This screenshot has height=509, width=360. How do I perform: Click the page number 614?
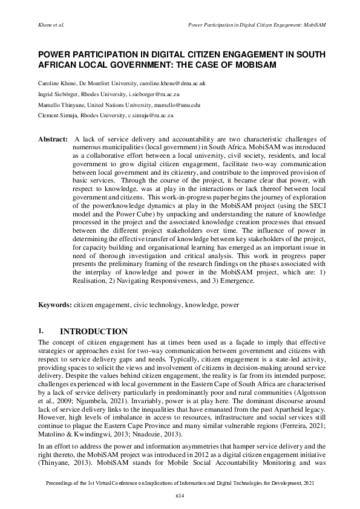(180, 496)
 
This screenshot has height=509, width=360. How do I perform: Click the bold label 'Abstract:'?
(53, 138)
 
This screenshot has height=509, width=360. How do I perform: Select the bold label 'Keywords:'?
(55, 306)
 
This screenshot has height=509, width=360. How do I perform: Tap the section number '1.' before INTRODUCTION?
(41, 331)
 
